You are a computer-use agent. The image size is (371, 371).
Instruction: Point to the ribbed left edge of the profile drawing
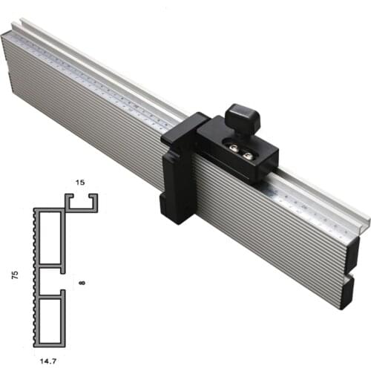(x=36, y=275)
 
